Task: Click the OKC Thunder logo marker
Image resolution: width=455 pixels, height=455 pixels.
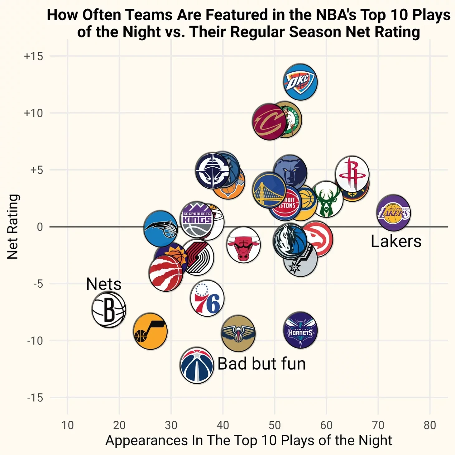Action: (x=300, y=82)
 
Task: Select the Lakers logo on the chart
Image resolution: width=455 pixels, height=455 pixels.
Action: (x=394, y=213)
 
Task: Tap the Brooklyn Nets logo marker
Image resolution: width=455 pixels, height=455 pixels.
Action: (x=109, y=310)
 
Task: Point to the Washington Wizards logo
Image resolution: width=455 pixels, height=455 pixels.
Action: (x=197, y=365)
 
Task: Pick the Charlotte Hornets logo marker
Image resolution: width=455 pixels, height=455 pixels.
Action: (x=300, y=330)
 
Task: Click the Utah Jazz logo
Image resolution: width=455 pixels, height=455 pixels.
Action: (x=150, y=331)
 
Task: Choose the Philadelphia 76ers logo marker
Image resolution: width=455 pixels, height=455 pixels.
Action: (x=207, y=298)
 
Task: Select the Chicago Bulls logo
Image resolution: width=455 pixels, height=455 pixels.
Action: (x=243, y=245)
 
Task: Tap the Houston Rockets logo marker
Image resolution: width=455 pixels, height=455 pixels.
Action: (x=352, y=173)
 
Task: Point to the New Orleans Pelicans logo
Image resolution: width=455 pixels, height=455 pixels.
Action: (x=238, y=333)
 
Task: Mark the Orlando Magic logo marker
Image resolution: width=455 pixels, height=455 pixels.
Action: (x=160, y=228)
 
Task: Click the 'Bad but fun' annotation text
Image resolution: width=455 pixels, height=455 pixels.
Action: (x=261, y=364)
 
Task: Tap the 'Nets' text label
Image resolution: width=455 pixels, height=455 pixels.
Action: (x=103, y=284)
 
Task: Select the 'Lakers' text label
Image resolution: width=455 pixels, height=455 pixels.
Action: (x=396, y=241)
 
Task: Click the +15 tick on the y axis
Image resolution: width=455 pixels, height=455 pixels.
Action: (x=34, y=56)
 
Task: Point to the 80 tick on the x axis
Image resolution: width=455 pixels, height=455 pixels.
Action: (x=430, y=425)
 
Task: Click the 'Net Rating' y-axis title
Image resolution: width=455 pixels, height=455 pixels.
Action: (x=13, y=227)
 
